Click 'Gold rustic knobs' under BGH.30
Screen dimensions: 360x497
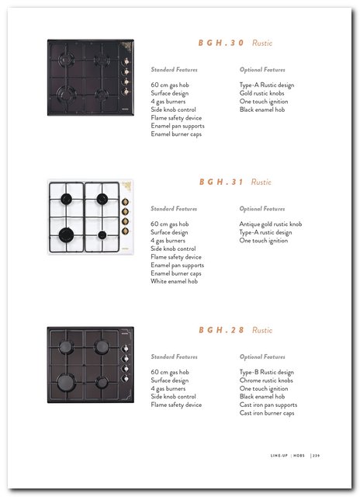261,93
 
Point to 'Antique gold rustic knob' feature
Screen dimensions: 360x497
271,224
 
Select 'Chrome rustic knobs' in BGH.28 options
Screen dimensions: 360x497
266,381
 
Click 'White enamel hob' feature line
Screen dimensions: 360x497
174,281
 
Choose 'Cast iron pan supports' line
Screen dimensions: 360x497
268,405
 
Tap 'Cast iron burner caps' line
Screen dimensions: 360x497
267,413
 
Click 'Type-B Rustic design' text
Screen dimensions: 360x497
267,372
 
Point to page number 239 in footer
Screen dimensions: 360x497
316,456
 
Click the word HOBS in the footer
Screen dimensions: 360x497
299,456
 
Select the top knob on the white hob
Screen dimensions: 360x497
126,202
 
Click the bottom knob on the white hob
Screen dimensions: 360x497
126,231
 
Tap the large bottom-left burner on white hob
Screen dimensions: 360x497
67,235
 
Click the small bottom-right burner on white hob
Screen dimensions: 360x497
102,235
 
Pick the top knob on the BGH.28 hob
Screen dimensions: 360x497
126,349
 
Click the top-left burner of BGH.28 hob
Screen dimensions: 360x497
66,346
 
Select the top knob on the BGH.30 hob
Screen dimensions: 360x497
126,61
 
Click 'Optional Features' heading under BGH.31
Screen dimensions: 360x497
262,209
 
